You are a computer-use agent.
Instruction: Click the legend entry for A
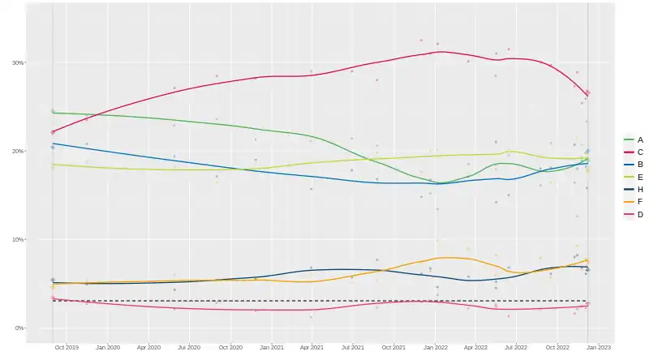coord(633,139)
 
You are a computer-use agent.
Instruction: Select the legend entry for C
coord(633,152)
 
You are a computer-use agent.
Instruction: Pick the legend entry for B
coord(633,165)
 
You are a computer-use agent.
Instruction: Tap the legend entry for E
coord(633,177)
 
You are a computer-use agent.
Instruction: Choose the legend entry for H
coord(633,189)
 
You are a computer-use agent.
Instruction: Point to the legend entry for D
coord(633,214)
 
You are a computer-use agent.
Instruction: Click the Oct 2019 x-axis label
coord(67,347)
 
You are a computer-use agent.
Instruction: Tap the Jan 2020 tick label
coord(108,347)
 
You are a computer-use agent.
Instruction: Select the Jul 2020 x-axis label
coord(190,347)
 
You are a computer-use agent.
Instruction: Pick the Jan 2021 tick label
coord(272,347)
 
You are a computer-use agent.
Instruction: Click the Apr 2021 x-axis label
coord(312,347)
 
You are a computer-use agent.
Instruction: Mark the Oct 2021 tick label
coord(394,347)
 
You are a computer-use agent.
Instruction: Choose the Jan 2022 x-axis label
coord(436,347)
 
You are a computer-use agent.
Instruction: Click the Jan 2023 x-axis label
coord(600,347)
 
